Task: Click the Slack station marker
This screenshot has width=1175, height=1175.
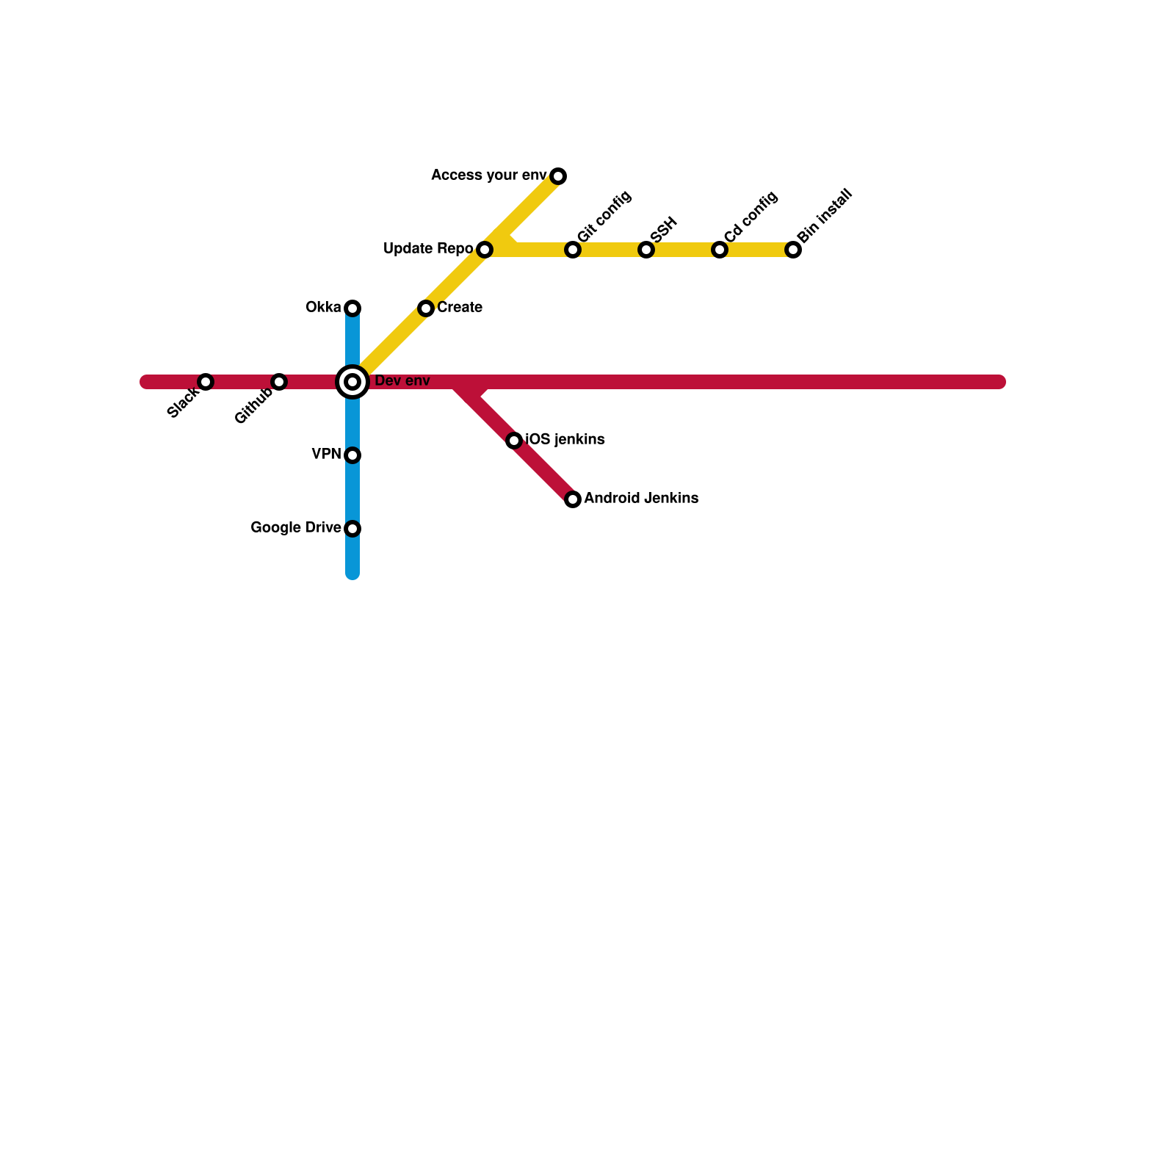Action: (x=206, y=382)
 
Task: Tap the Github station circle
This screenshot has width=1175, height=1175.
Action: (x=279, y=382)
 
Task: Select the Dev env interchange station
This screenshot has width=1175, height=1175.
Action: (x=352, y=382)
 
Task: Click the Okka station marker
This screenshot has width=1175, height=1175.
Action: (x=352, y=308)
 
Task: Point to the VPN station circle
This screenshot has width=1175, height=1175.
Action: (x=352, y=455)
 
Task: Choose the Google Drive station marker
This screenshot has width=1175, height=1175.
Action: (x=352, y=529)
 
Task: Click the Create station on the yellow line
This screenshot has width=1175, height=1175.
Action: (x=426, y=308)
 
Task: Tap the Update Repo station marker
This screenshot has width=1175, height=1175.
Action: (x=485, y=250)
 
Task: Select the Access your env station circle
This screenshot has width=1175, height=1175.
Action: (x=558, y=176)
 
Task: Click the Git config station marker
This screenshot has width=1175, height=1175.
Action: (x=573, y=250)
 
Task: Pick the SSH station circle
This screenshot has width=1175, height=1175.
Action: (x=646, y=250)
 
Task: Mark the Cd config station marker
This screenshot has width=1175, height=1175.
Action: (x=720, y=250)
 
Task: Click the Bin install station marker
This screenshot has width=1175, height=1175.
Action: (x=793, y=250)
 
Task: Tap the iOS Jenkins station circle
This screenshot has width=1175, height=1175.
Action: (x=514, y=441)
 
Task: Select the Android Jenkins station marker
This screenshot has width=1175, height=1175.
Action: (x=573, y=499)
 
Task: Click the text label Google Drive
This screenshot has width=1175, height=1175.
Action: (x=295, y=528)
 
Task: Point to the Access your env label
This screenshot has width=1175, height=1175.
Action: (x=488, y=176)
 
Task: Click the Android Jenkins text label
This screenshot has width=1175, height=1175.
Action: (x=641, y=499)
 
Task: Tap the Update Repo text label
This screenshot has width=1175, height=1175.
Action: (x=428, y=249)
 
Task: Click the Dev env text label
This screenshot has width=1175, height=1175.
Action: (x=402, y=381)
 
